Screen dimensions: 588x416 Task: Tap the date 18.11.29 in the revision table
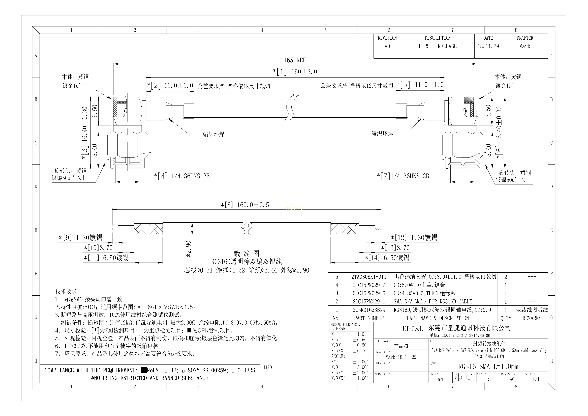pyautogui.click(x=488, y=46)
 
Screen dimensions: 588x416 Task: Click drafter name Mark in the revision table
pyautogui.click(x=525, y=46)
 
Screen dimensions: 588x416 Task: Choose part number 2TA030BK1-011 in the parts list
pyautogui.click(x=369, y=277)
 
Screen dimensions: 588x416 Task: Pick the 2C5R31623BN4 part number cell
pyautogui.click(x=369, y=310)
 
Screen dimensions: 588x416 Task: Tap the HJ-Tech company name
pyautogui.click(x=413, y=329)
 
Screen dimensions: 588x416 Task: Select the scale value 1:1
pyautogui.click(x=488, y=379)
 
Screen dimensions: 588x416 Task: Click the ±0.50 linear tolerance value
pyautogui.click(x=360, y=340)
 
